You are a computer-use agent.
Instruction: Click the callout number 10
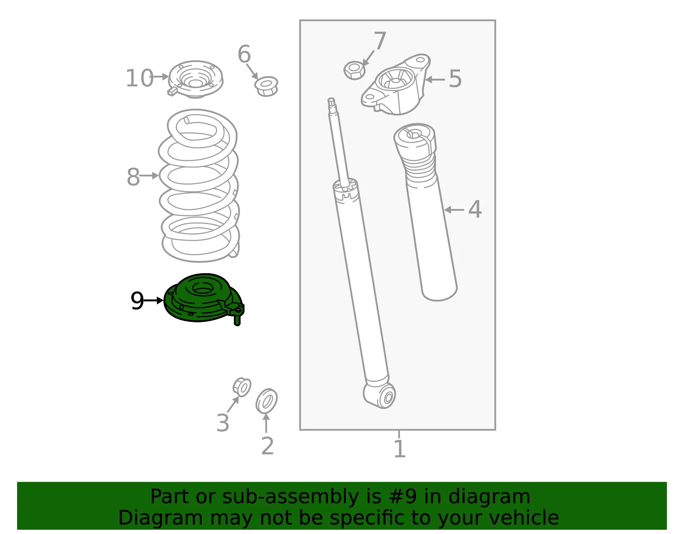139,78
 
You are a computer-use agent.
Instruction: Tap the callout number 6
244,54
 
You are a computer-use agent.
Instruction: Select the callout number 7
380,40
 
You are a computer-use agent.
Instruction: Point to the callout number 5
455,79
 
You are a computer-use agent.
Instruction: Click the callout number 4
475,209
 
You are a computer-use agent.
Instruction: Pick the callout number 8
133,177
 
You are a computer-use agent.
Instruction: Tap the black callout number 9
137,301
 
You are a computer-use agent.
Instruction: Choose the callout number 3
223,422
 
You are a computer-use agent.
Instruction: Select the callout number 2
268,446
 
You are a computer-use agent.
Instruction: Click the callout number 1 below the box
400,449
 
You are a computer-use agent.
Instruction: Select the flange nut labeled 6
266,86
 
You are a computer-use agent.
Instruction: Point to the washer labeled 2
266,401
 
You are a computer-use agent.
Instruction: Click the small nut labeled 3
242,387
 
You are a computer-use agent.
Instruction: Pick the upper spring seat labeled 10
195,79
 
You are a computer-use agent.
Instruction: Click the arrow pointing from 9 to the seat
153,301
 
